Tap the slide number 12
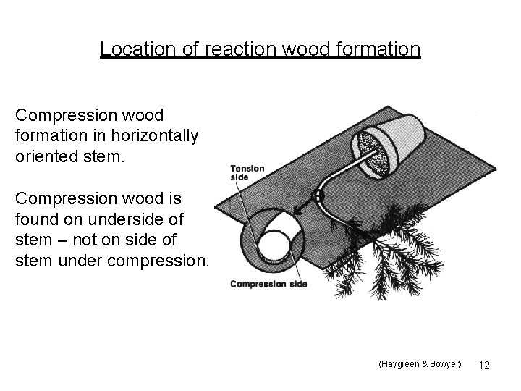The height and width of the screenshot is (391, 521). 484,365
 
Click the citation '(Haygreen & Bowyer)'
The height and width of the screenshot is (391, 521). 419,364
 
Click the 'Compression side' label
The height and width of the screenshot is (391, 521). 268,283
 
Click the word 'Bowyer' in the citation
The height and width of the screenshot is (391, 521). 442,364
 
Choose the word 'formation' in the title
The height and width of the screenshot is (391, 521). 370,49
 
